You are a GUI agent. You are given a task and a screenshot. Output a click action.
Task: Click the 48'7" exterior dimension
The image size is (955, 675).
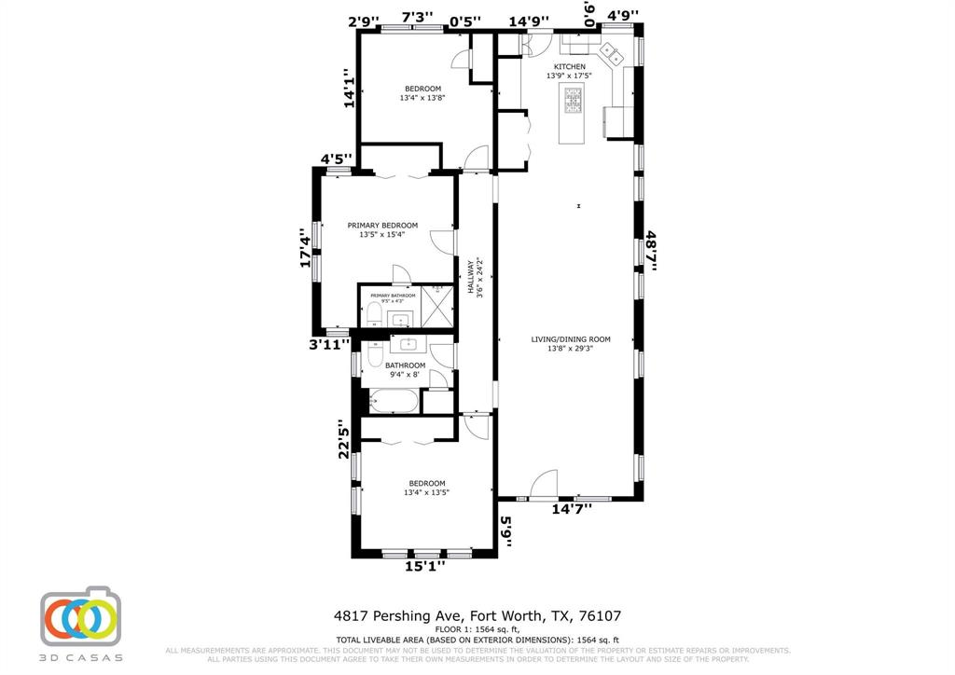[652, 252]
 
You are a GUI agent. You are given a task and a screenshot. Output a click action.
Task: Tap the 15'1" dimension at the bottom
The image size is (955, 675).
[424, 565]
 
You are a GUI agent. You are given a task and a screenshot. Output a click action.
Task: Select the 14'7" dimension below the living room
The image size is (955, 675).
[572, 509]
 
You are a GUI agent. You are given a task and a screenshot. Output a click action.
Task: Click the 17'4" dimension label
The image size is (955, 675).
[304, 249]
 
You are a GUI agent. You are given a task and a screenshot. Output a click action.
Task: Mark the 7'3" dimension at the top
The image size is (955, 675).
[417, 18]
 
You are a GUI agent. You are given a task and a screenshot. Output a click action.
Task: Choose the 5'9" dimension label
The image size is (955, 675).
[506, 530]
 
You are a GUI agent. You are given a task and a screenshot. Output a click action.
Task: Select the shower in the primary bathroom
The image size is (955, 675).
[436, 304]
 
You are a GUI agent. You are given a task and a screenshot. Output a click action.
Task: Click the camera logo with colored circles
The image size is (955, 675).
[80, 616]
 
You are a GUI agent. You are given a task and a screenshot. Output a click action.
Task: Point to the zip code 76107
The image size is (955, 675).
[601, 616]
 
